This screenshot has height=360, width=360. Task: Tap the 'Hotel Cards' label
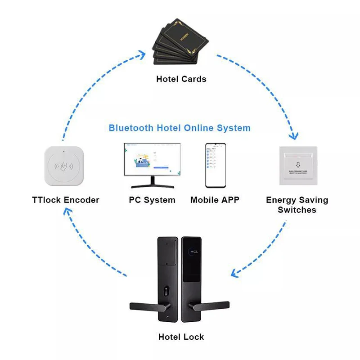pos(181,79)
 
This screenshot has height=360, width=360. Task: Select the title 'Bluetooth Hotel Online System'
pos(180,128)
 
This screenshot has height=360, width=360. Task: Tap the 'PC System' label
pos(152,200)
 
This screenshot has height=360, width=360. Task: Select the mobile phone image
pos(216,165)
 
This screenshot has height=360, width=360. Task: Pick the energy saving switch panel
pos(297,165)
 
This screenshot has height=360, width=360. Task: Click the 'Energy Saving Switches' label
pos(297,205)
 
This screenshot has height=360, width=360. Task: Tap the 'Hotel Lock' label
pos(181,337)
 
